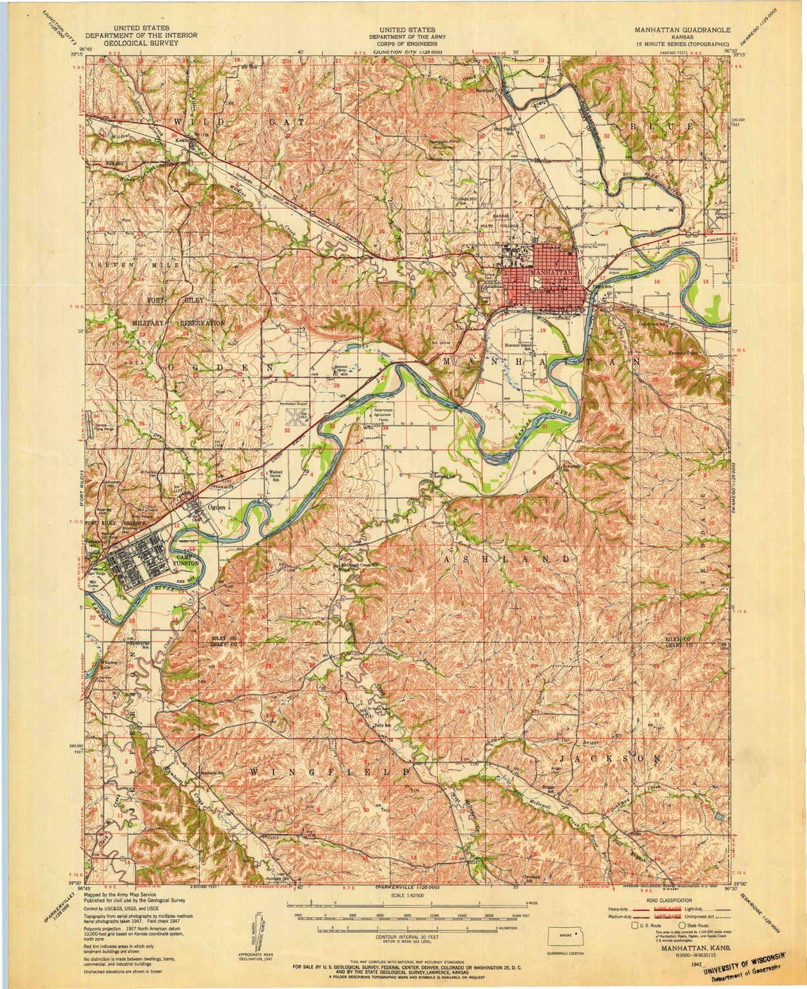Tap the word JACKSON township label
(x=609, y=760)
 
